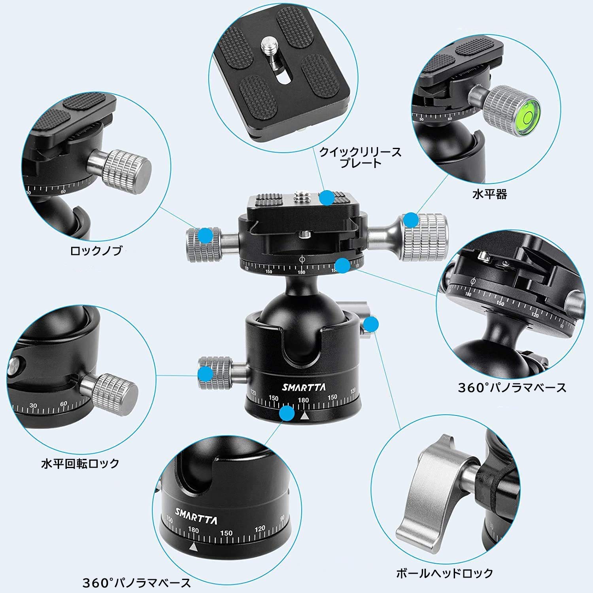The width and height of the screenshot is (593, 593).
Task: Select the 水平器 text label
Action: pos(489,194)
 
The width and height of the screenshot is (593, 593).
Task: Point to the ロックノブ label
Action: pos(96,251)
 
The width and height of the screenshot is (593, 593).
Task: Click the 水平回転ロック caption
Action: pos(80,463)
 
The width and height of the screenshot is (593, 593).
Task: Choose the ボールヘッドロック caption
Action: pos(445,573)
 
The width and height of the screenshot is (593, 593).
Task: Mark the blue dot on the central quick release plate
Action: pos(327,198)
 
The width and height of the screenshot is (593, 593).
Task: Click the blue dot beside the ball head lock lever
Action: pos(371,325)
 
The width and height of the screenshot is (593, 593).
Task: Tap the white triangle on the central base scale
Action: pos(304,416)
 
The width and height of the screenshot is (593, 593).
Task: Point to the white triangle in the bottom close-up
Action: pos(193,547)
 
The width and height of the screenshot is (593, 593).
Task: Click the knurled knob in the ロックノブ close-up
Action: pos(127,168)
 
